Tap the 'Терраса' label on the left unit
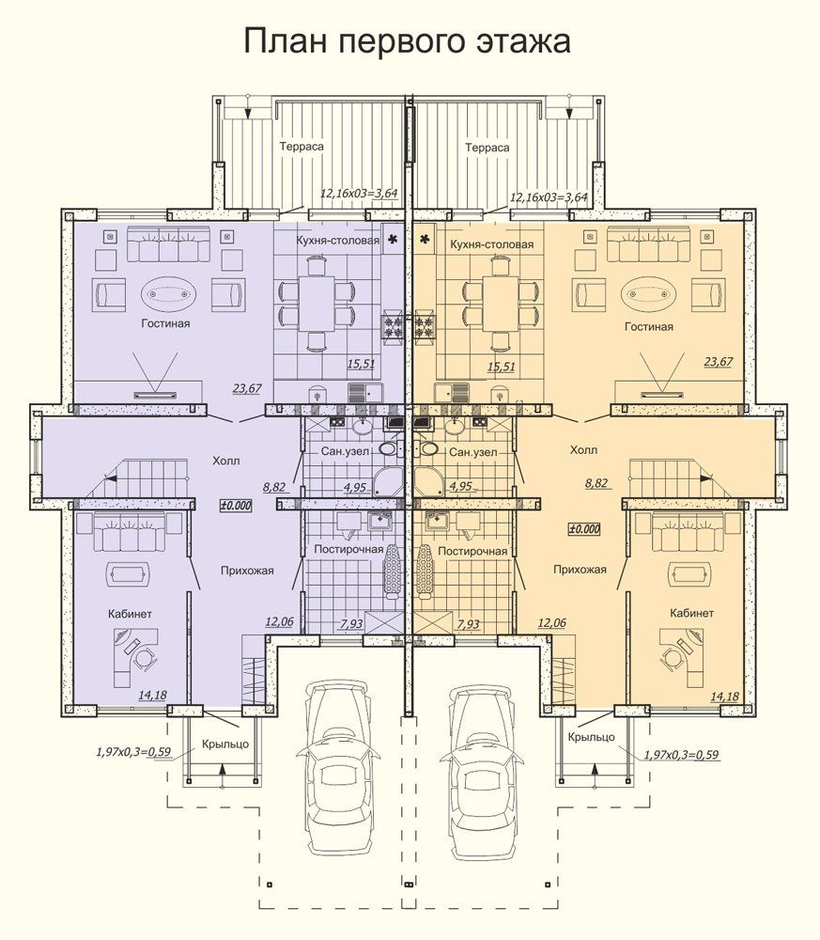tap(302, 147)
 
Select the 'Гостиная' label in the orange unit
tap(649, 327)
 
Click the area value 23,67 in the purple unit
tap(247, 388)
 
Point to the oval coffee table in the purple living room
tap(169, 293)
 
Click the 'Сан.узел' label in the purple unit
tap(345, 451)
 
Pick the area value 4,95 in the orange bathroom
tap(460, 486)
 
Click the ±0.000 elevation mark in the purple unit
tap(237, 506)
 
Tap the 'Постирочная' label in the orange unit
tap(472, 551)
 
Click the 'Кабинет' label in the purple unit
tap(130, 614)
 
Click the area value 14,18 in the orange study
tap(725, 697)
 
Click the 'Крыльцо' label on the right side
tap(591, 737)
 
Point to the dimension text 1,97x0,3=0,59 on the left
tap(133, 751)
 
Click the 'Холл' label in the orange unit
tap(583, 449)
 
